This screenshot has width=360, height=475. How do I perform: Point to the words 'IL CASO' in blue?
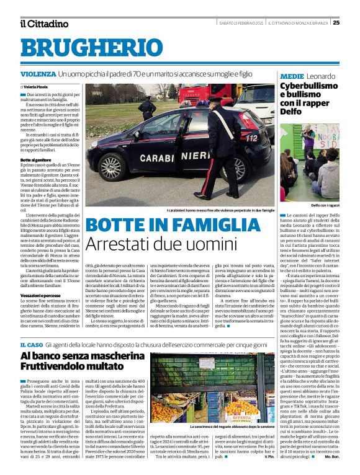[31, 344]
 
